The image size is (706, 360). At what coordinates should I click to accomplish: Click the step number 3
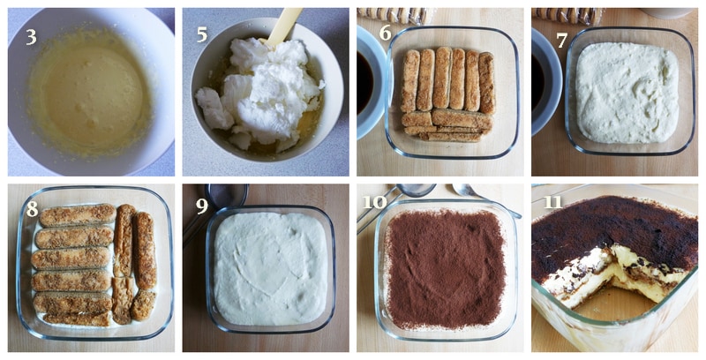point(31,37)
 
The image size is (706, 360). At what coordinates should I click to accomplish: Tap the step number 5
point(202,34)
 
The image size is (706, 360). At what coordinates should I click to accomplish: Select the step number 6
point(385,33)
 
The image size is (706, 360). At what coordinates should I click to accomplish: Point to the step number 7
point(561,41)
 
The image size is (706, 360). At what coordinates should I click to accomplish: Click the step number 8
point(32,209)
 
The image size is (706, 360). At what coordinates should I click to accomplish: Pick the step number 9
point(202,206)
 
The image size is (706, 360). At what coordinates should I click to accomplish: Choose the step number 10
point(374,201)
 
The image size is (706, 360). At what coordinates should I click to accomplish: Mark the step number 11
point(552,201)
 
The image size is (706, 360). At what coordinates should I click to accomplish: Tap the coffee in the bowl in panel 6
point(364,83)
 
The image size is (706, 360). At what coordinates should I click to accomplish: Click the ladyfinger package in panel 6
point(394,15)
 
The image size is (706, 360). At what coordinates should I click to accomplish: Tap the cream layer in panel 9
point(270,267)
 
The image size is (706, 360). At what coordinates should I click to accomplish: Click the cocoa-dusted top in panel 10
point(446,268)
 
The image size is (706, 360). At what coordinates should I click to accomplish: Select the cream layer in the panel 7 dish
point(627,93)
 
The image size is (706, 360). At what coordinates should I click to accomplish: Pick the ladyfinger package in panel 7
point(568,15)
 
